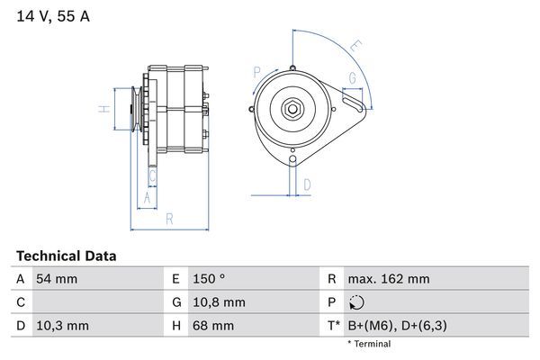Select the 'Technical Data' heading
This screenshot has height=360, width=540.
pyautogui.click(x=67, y=256)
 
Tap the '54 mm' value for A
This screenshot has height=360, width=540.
pyautogui.click(x=56, y=279)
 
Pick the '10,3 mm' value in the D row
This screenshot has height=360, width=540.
pyautogui.click(x=61, y=325)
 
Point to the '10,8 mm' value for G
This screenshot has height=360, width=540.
pyautogui.click(x=218, y=302)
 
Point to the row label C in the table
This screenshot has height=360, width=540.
pyautogui.click(x=20, y=302)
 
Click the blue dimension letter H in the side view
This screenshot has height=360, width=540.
pyautogui.click(x=104, y=110)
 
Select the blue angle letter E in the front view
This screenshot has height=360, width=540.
pyautogui.click(x=356, y=45)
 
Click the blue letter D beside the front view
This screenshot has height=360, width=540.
pyautogui.click(x=307, y=184)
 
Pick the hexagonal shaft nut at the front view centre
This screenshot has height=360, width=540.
pyautogui.click(x=294, y=109)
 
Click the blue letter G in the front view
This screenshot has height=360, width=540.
pyautogui.click(x=352, y=79)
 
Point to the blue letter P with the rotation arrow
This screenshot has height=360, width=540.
pyautogui.click(x=256, y=72)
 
